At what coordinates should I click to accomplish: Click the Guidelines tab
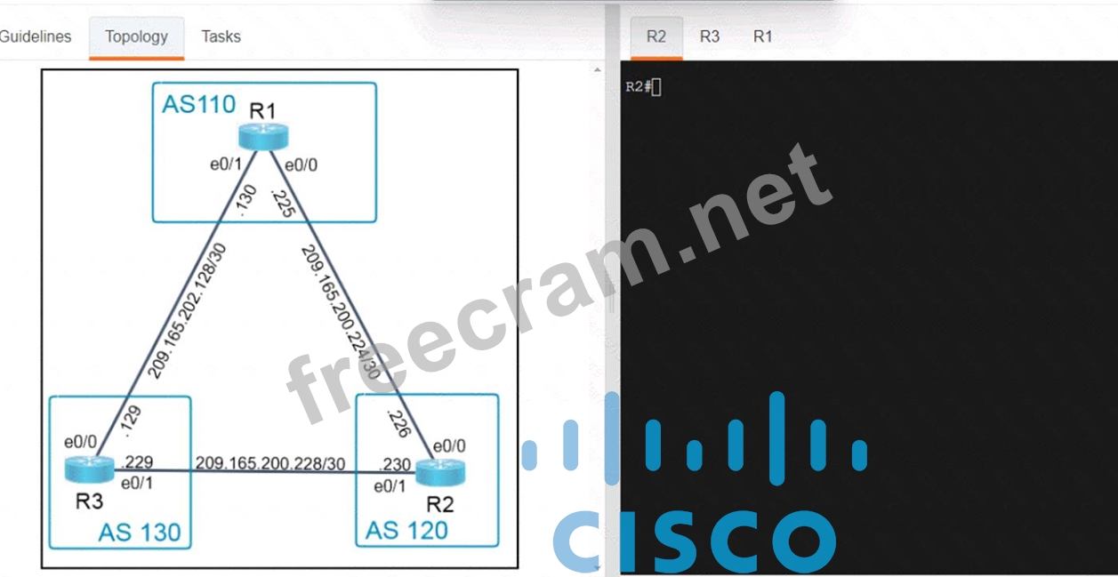tap(36, 36)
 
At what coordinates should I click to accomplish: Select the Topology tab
tap(136, 37)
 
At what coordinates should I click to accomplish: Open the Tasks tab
tap(221, 36)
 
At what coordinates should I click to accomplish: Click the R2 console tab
tap(656, 37)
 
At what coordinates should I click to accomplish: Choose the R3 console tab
tap(709, 36)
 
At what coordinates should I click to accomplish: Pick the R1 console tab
tap(762, 36)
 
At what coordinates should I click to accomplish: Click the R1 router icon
tap(263, 136)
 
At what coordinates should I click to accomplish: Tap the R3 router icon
tap(89, 469)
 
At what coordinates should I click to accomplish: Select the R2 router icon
tap(440, 472)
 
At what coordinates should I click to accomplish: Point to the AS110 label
tap(198, 104)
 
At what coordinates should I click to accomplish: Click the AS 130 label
tap(140, 533)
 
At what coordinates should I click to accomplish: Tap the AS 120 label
tap(406, 531)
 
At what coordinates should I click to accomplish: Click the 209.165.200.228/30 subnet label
tap(270, 463)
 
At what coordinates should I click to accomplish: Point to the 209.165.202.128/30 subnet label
tap(187, 311)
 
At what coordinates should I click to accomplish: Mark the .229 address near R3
tap(137, 461)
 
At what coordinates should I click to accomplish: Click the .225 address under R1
tap(283, 203)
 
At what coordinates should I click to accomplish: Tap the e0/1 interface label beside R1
tap(226, 164)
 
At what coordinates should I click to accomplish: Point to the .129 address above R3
tap(132, 421)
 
